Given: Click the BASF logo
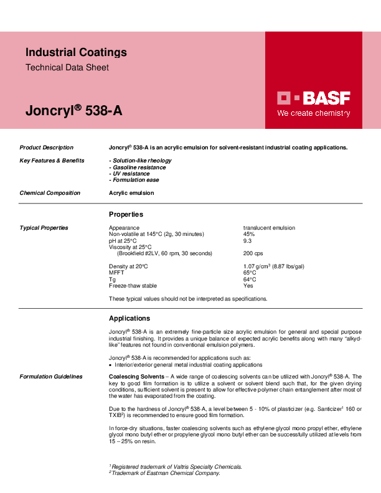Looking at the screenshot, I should (x=313, y=98).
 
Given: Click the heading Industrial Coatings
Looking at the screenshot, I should (x=76, y=52).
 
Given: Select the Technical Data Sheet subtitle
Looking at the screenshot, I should (x=67, y=67).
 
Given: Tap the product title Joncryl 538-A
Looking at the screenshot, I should (x=73, y=111).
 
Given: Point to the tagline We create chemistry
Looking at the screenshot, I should (x=313, y=114).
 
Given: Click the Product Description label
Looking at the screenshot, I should (x=47, y=148).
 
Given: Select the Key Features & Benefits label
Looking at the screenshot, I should (x=52, y=161).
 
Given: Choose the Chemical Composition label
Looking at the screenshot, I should (x=50, y=193).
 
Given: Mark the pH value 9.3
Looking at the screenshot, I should (x=247, y=240).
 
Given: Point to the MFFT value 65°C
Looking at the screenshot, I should (x=250, y=273).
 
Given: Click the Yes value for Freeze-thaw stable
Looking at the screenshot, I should (x=248, y=286).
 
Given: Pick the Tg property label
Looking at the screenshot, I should (x=112, y=279).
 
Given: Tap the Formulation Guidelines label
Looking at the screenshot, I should (x=51, y=377).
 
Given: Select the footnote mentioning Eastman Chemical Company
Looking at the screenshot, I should (x=164, y=473).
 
